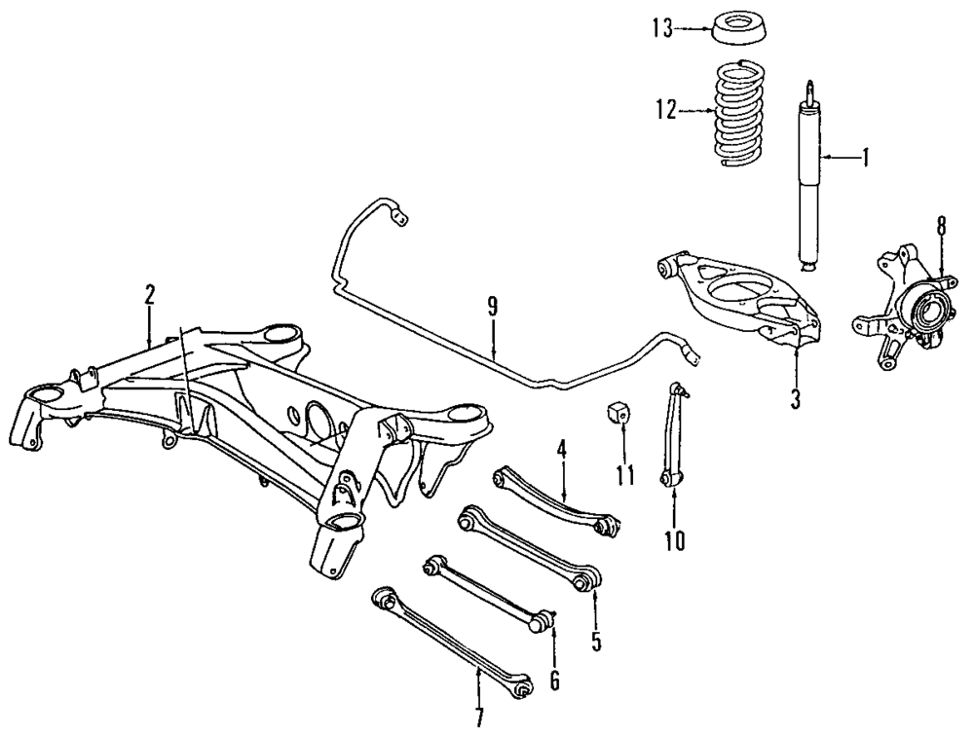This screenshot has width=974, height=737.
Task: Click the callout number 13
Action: tap(661, 28)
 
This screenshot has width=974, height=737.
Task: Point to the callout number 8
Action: tap(941, 227)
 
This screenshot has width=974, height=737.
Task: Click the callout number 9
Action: tap(493, 307)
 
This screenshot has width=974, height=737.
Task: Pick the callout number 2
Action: tap(149, 294)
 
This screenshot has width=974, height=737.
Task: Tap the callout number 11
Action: tap(624, 475)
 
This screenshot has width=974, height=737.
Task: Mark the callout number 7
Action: tap(478, 719)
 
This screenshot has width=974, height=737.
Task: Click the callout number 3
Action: tap(795, 399)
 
